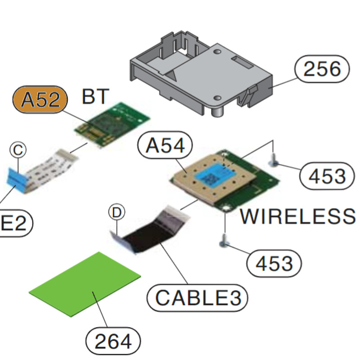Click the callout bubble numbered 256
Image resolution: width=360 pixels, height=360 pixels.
click(x=322, y=69)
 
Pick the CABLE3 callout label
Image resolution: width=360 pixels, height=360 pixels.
click(x=198, y=297)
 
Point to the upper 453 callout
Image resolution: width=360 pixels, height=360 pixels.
click(x=327, y=176)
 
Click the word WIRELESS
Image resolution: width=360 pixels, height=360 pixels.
click(x=297, y=217)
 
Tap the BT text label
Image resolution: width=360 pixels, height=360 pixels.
click(x=95, y=96)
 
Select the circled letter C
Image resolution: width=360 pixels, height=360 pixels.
click(x=18, y=150)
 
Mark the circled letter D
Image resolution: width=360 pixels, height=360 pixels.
click(x=117, y=212)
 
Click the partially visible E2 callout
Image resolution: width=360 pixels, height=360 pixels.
click(x=13, y=224)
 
